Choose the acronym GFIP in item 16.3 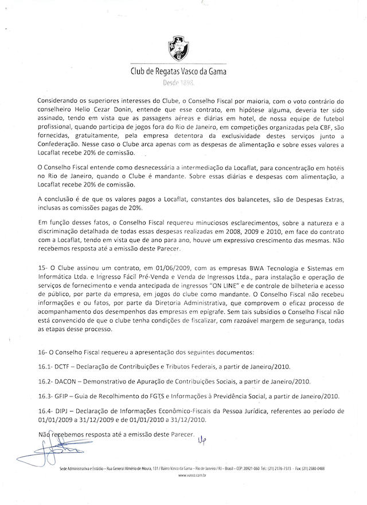coord(63,396)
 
